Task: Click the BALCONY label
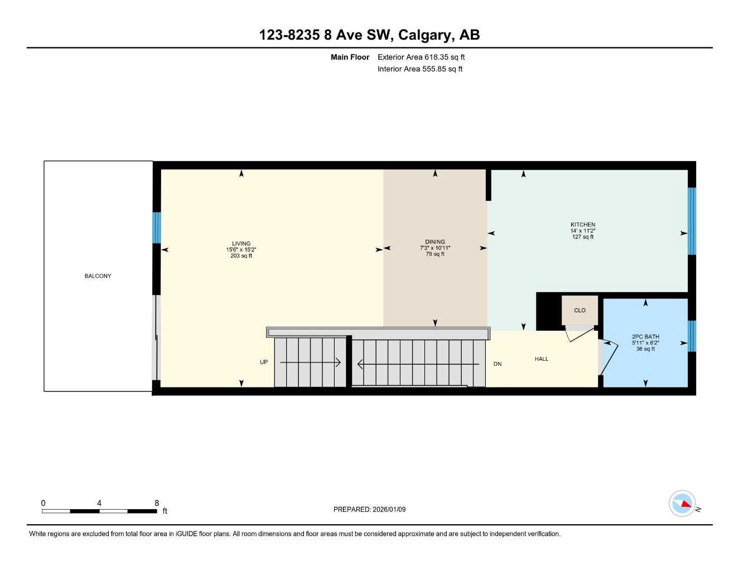tap(98, 276)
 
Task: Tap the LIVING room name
tap(241, 244)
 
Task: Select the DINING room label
tap(435, 242)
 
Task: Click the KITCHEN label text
tap(583, 225)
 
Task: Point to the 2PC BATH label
tap(645, 337)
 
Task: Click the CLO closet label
tap(580, 311)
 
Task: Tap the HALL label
tap(542, 359)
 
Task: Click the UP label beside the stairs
tap(264, 362)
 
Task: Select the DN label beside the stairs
tap(498, 364)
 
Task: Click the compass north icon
tap(683, 504)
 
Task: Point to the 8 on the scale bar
tap(157, 503)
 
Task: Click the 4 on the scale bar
tap(99, 503)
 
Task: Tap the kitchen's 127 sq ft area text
tap(583, 237)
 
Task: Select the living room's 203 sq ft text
tap(241, 256)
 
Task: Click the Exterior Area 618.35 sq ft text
tap(421, 57)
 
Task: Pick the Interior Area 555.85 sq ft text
tap(420, 69)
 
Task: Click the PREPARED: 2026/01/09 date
tap(369, 509)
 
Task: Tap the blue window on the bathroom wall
tap(692, 336)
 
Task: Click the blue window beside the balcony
tap(157, 228)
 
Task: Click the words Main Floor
tap(350, 57)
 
